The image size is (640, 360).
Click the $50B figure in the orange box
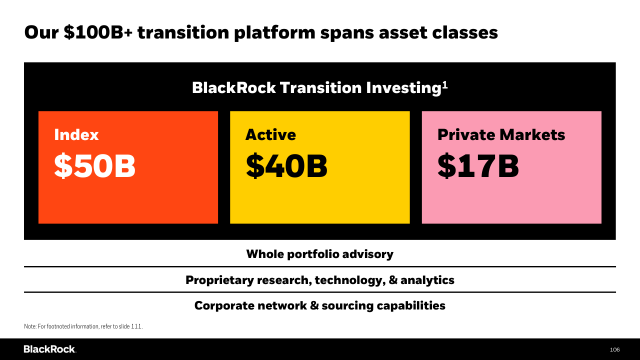[94, 165]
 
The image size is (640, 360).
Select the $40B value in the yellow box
[286, 165]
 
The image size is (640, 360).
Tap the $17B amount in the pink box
[478, 165]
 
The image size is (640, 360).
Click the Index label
[76, 134]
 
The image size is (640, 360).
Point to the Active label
[270, 134]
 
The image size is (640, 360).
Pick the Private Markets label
[501, 134]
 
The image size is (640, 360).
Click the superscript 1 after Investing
[445, 85]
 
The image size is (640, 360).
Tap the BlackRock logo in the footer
[49, 349]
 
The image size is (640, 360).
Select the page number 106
[614, 349]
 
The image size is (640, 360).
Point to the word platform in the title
[274, 33]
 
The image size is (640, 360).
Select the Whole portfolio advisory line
[319, 254]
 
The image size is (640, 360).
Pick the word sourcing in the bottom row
[347, 305]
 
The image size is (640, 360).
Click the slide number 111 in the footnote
[136, 326]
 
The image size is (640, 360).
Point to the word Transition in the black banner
[320, 87]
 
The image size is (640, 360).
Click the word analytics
[427, 280]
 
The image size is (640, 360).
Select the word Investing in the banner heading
[403, 88]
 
